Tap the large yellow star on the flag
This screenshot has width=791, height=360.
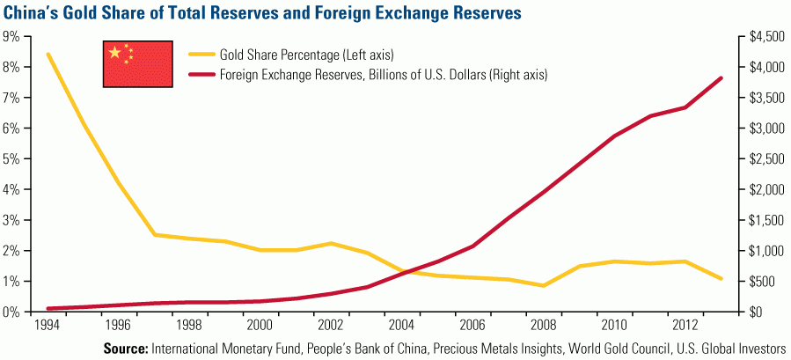click(x=114, y=53)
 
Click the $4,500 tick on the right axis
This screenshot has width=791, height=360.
click(x=760, y=36)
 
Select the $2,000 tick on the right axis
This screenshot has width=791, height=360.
click(x=760, y=189)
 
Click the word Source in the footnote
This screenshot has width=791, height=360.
click(x=127, y=349)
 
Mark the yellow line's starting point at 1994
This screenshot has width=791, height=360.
click(x=48, y=54)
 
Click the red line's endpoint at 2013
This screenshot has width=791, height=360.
click(x=721, y=78)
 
